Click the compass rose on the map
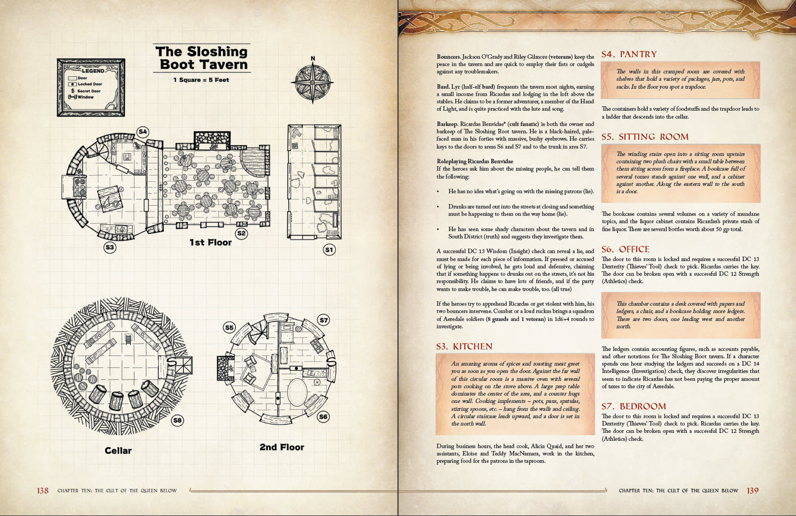[x=313, y=83]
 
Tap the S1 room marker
[x=329, y=249]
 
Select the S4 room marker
[x=142, y=132]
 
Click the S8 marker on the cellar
[x=178, y=420]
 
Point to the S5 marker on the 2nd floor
[x=229, y=327]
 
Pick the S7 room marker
[x=323, y=320]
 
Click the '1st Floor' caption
[x=210, y=242]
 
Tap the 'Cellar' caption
[x=118, y=450]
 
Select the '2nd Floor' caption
[x=282, y=447]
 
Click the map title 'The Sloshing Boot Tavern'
[x=202, y=58]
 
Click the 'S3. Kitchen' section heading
[x=464, y=346]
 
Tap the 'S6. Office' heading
[x=625, y=249]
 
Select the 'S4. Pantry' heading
[x=629, y=54]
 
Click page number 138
[x=43, y=491]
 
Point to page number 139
[x=752, y=491]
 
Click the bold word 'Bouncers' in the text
[x=449, y=57]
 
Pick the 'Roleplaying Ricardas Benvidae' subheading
[x=475, y=161]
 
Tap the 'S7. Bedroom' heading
[x=634, y=406]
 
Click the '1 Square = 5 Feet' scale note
[x=201, y=80]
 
